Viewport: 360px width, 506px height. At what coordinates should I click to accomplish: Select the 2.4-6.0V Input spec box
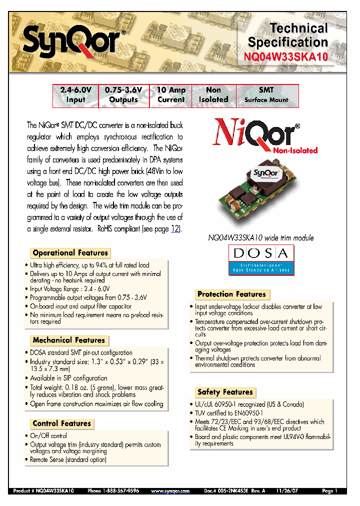pyautogui.click(x=76, y=95)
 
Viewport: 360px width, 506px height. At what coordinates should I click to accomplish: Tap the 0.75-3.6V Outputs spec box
pyautogui.click(x=123, y=95)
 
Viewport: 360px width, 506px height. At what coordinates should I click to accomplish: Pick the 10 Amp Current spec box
pyautogui.click(x=171, y=95)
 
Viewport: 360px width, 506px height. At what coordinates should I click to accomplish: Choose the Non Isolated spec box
pyautogui.click(x=213, y=95)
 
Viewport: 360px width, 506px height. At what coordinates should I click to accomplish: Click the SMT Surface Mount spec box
pyautogui.click(x=266, y=95)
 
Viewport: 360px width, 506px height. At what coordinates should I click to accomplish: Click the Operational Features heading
pyautogui.click(x=70, y=253)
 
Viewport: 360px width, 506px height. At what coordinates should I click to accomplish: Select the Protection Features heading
pyautogui.click(x=231, y=294)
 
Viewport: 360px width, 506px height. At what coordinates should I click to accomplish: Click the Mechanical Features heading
pyautogui.click(x=68, y=340)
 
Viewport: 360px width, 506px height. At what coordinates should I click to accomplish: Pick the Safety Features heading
pyautogui.click(x=225, y=392)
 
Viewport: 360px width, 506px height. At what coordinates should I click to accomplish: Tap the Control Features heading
pyautogui.click(x=62, y=423)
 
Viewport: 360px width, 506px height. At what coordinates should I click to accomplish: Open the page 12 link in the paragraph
pyautogui.click(x=175, y=229)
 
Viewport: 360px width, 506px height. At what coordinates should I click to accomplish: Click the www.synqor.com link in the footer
pyautogui.click(x=170, y=491)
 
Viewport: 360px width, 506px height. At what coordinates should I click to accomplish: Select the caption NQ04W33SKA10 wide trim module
pyautogui.click(x=260, y=238)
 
